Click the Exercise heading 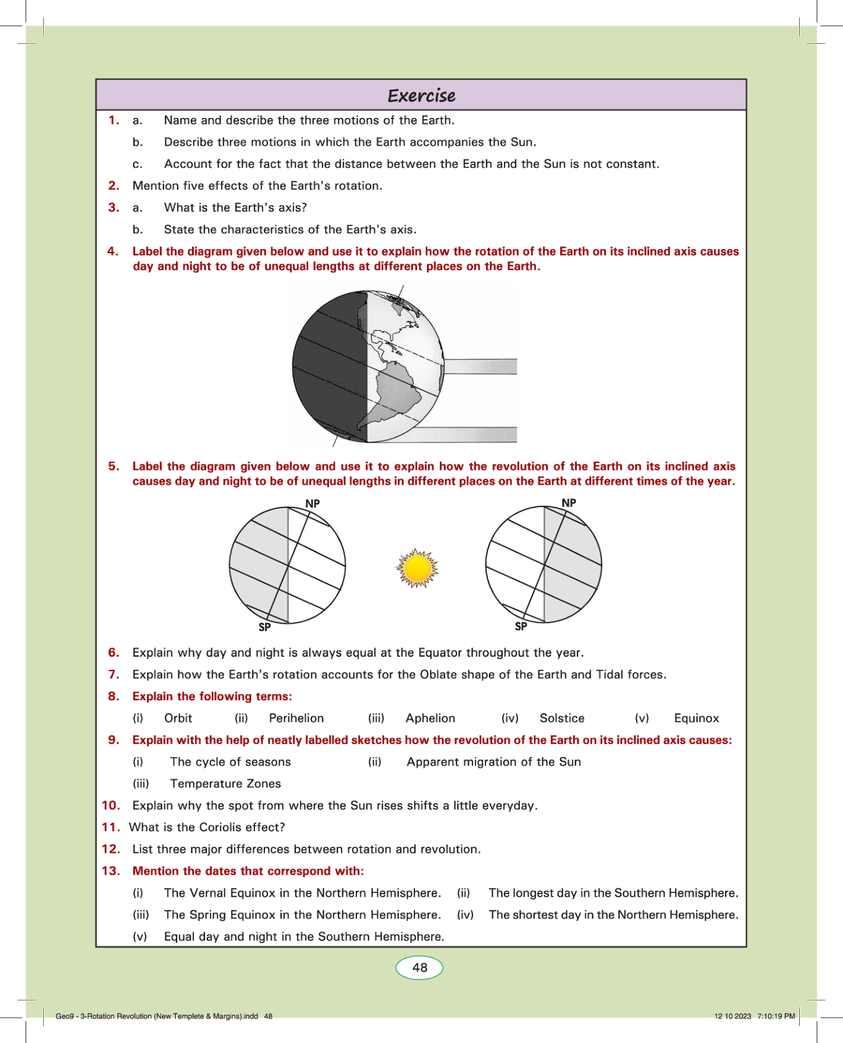(421, 96)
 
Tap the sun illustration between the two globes (417, 568)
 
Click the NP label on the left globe (312, 504)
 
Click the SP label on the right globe (521, 626)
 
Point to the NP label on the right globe (569, 503)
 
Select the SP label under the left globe (264, 627)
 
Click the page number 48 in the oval (420, 968)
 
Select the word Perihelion (296, 718)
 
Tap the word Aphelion (430, 718)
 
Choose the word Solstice (562, 718)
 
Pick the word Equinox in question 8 (697, 718)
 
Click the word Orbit (178, 718)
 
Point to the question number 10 (111, 805)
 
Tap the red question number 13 (111, 871)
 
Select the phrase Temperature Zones (225, 784)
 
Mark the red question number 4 (112, 251)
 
